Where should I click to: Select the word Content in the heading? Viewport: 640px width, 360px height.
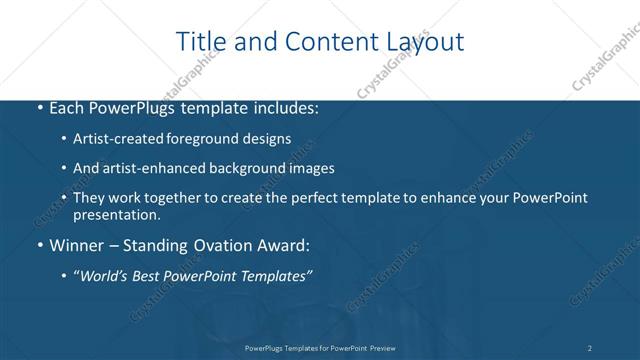[322, 42]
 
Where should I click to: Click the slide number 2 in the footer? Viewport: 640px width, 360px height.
[590, 348]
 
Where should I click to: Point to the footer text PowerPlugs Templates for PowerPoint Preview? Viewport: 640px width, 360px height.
[320, 348]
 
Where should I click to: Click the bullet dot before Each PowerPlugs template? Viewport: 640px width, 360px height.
[38, 108]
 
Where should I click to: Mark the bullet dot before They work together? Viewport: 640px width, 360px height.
[65, 198]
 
